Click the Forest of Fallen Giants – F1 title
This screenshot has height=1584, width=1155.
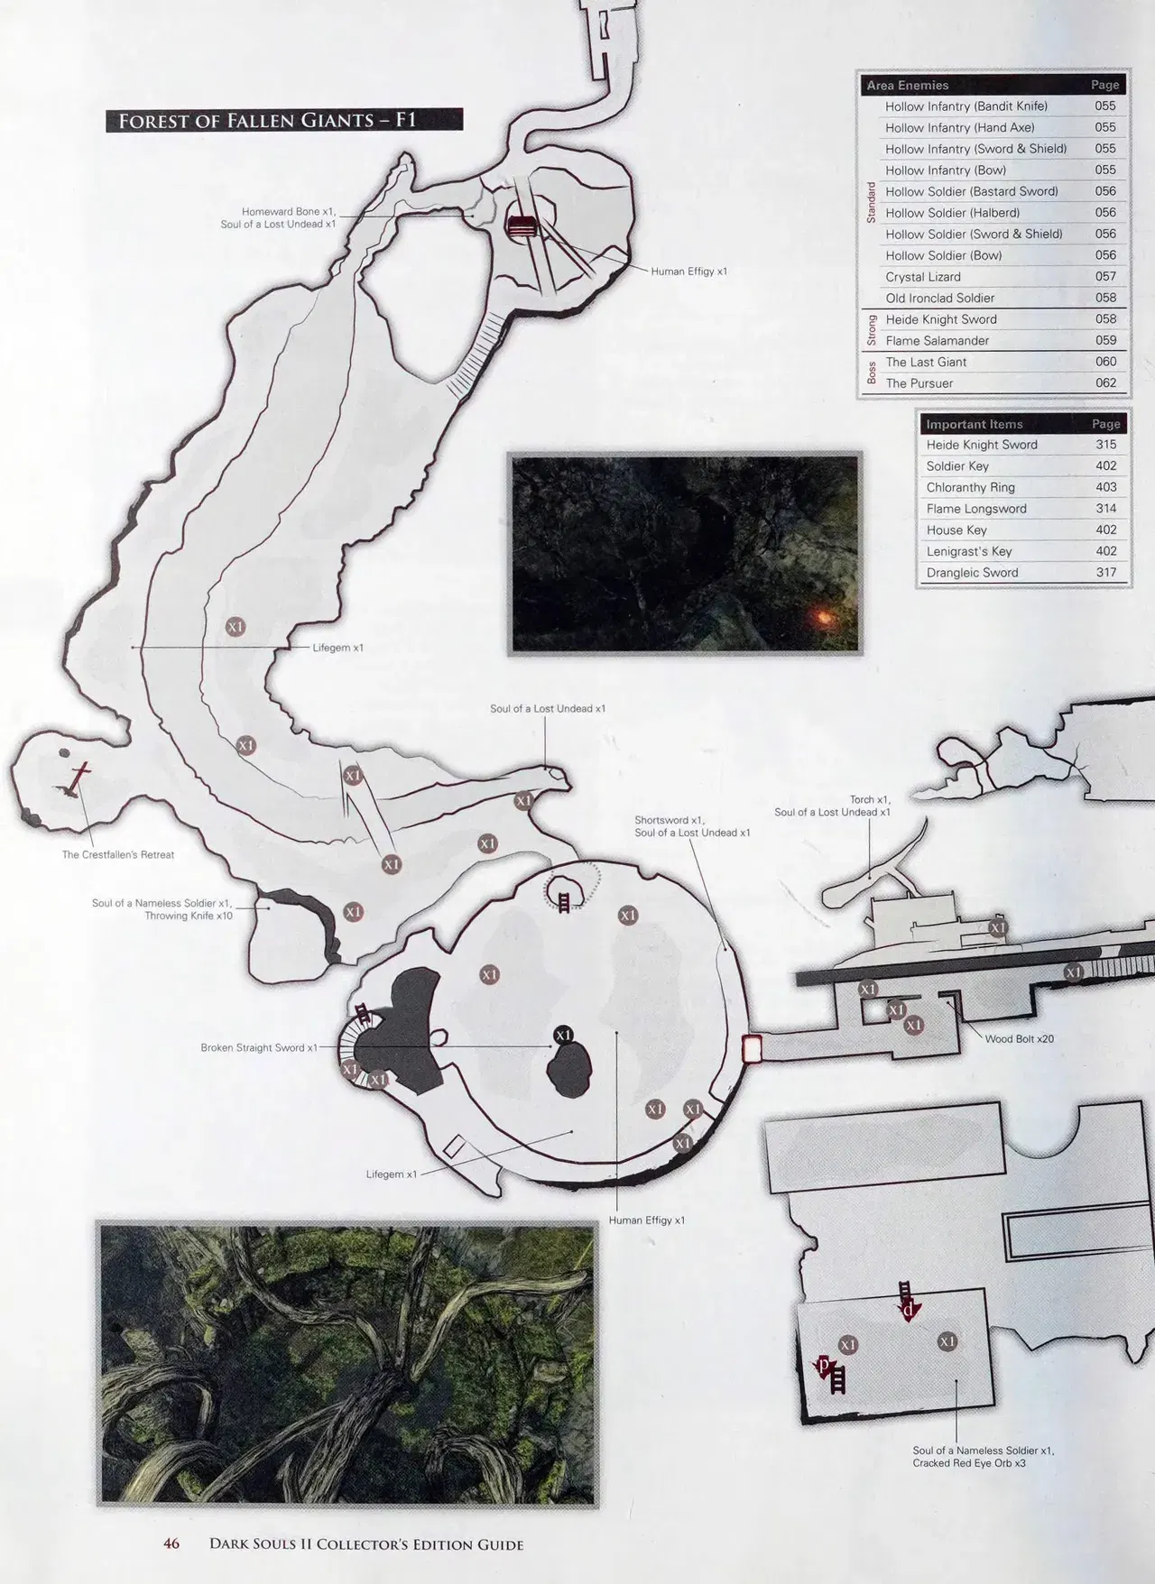click(284, 120)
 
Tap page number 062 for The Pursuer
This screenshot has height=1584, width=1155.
click(1105, 382)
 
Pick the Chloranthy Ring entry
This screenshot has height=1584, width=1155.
click(970, 487)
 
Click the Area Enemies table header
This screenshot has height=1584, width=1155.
click(907, 85)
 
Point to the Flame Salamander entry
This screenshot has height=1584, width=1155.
click(937, 340)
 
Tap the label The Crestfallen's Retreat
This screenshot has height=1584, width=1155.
click(118, 854)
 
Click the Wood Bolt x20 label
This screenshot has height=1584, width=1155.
click(1019, 1039)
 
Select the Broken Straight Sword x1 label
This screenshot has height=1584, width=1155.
click(259, 1048)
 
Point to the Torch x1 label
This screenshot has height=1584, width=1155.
click(870, 799)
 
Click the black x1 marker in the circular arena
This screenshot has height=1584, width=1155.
click(564, 1035)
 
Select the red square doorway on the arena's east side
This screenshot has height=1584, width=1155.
click(751, 1048)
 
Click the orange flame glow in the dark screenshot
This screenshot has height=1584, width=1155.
click(822, 616)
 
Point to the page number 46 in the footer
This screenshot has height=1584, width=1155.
click(171, 1543)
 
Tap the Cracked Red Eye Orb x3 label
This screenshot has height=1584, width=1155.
click(969, 1463)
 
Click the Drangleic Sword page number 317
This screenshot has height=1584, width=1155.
click(1105, 572)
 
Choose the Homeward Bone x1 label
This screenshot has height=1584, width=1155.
click(289, 211)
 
